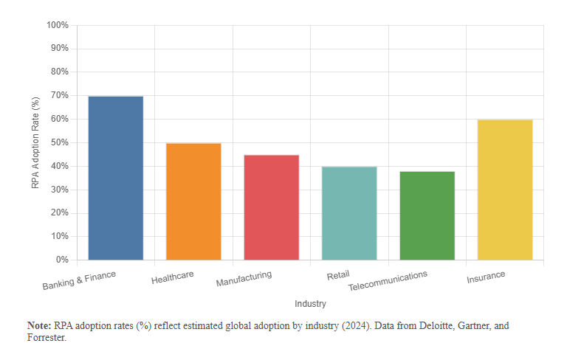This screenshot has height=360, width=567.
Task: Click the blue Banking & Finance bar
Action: tap(115, 178)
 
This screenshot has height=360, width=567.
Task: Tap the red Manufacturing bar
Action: tap(271, 207)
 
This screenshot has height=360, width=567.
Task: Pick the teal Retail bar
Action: tap(349, 213)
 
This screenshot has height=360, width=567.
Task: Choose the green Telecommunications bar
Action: tap(427, 215)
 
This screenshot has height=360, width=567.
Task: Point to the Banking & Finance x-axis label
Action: tap(79, 279)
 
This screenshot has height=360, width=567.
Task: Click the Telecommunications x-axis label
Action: tap(388, 280)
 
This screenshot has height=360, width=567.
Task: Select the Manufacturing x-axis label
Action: tap(244, 279)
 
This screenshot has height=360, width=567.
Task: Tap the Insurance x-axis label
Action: tap(486, 277)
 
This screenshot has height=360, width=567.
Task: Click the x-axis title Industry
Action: tap(310, 304)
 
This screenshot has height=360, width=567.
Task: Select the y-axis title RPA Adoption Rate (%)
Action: tap(35, 142)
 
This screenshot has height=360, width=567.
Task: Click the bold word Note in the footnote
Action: tap(38, 325)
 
